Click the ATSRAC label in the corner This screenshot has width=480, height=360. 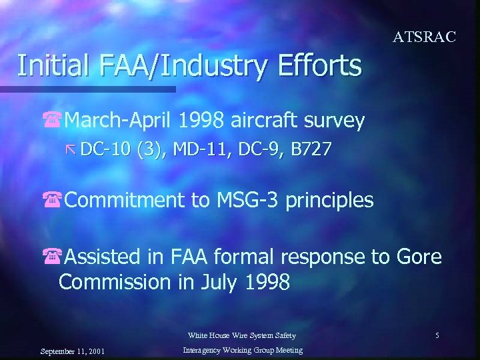(x=424, y=37)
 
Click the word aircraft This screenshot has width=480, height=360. (x=261, y=121)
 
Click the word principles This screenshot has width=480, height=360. (x=329, y=200)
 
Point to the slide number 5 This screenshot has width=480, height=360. (x=437, y=335)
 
